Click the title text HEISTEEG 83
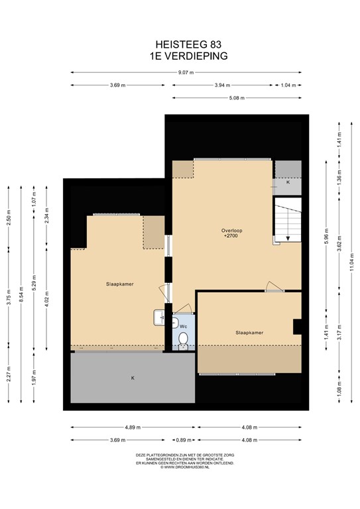[x=180, y=45]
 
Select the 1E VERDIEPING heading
[x=180, y=56]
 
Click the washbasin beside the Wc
[x=159, y=318]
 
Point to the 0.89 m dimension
[x=180, y=439]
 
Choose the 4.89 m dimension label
[x=134, y=427]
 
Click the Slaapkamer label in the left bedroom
[x=119, y=284]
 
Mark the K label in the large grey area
[x=133, y=378]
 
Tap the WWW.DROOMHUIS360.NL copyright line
[x=180, y=467]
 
